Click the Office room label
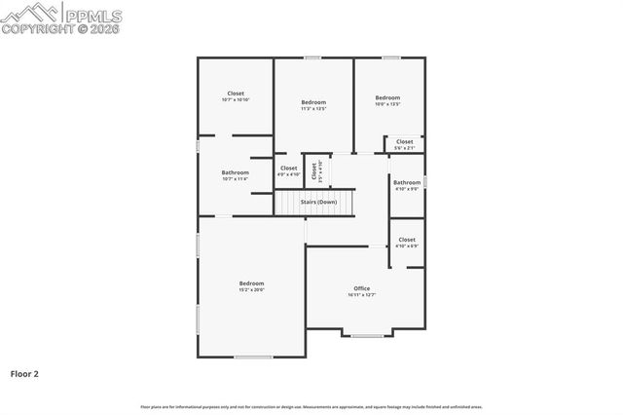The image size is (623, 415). click(x=362, y=288)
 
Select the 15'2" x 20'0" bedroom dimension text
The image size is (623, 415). click(x=252, y=290)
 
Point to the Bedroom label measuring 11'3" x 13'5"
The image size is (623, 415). click(x=313, y=102)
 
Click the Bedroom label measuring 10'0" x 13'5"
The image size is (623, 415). click(x=388, y=97)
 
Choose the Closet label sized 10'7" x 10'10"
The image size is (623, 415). click(x=236, y=94)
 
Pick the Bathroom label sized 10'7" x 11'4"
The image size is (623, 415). click(x=236, y=172)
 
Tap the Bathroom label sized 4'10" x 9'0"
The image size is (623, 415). click(x=407, y=182)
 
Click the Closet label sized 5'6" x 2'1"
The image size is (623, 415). click(x=405, y=141)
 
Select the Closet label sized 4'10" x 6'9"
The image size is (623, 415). click(x=407, y=239)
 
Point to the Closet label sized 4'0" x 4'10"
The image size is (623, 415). click(x=289, y=169)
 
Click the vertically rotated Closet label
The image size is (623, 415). click(x=314, y=171)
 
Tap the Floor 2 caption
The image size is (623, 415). click(x=24, y=373)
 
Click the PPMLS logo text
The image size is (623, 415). click(x=93, y=15)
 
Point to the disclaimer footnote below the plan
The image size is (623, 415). click(x=311, y=406)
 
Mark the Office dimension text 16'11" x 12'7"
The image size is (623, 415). click(x=362, y=294)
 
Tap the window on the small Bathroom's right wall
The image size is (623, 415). click(x=425, y=181)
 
